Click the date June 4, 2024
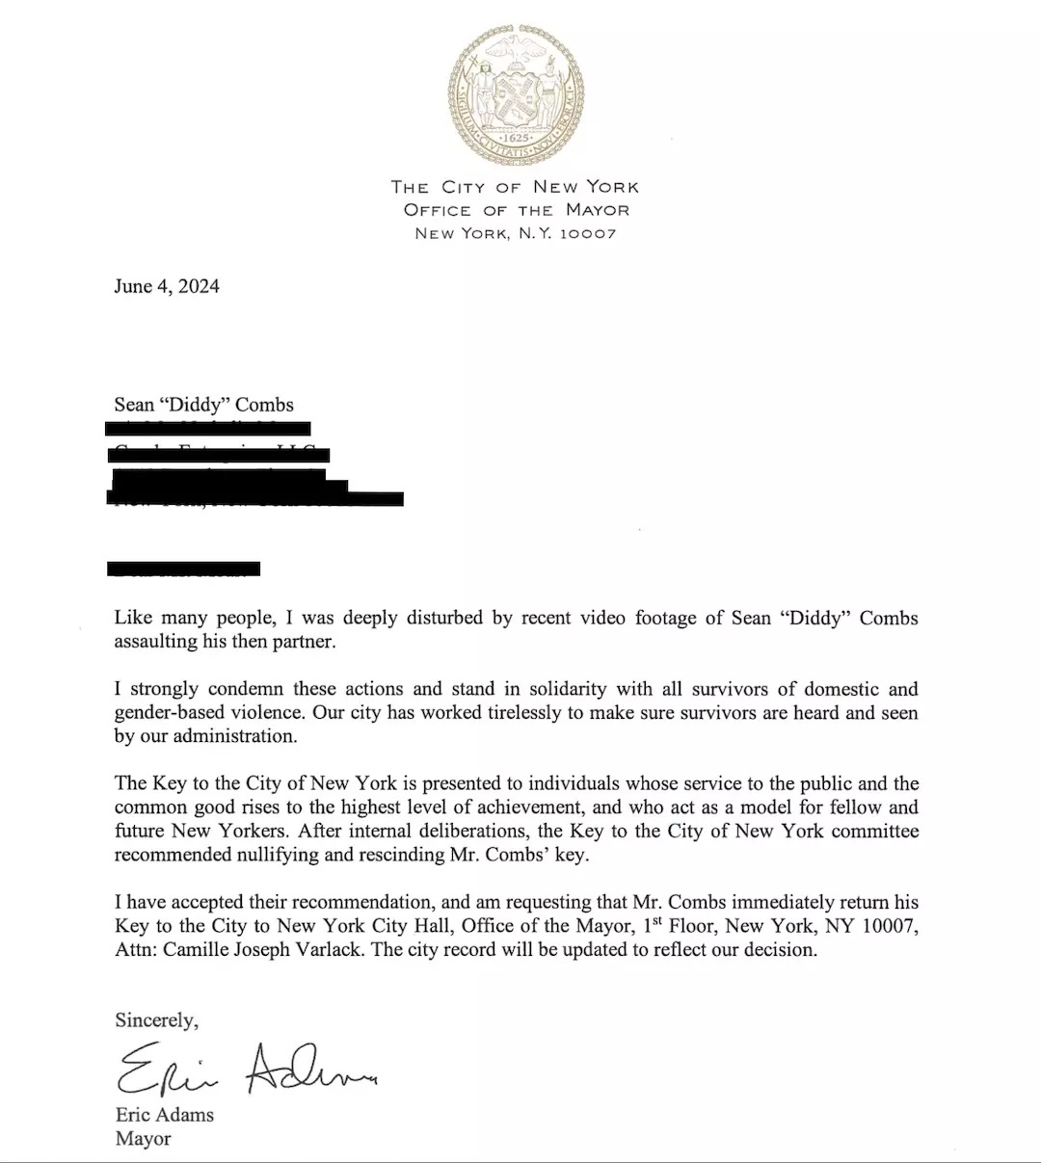click(166, 286)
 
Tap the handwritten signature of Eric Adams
click(245, 1068)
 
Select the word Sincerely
click(156, 1019)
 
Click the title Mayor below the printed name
click(143, 1138)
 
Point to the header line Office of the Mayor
click(516, 210)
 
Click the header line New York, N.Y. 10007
click(516, 233)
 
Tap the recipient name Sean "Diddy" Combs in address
click(203, 405)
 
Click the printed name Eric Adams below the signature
click(164, 1115)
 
